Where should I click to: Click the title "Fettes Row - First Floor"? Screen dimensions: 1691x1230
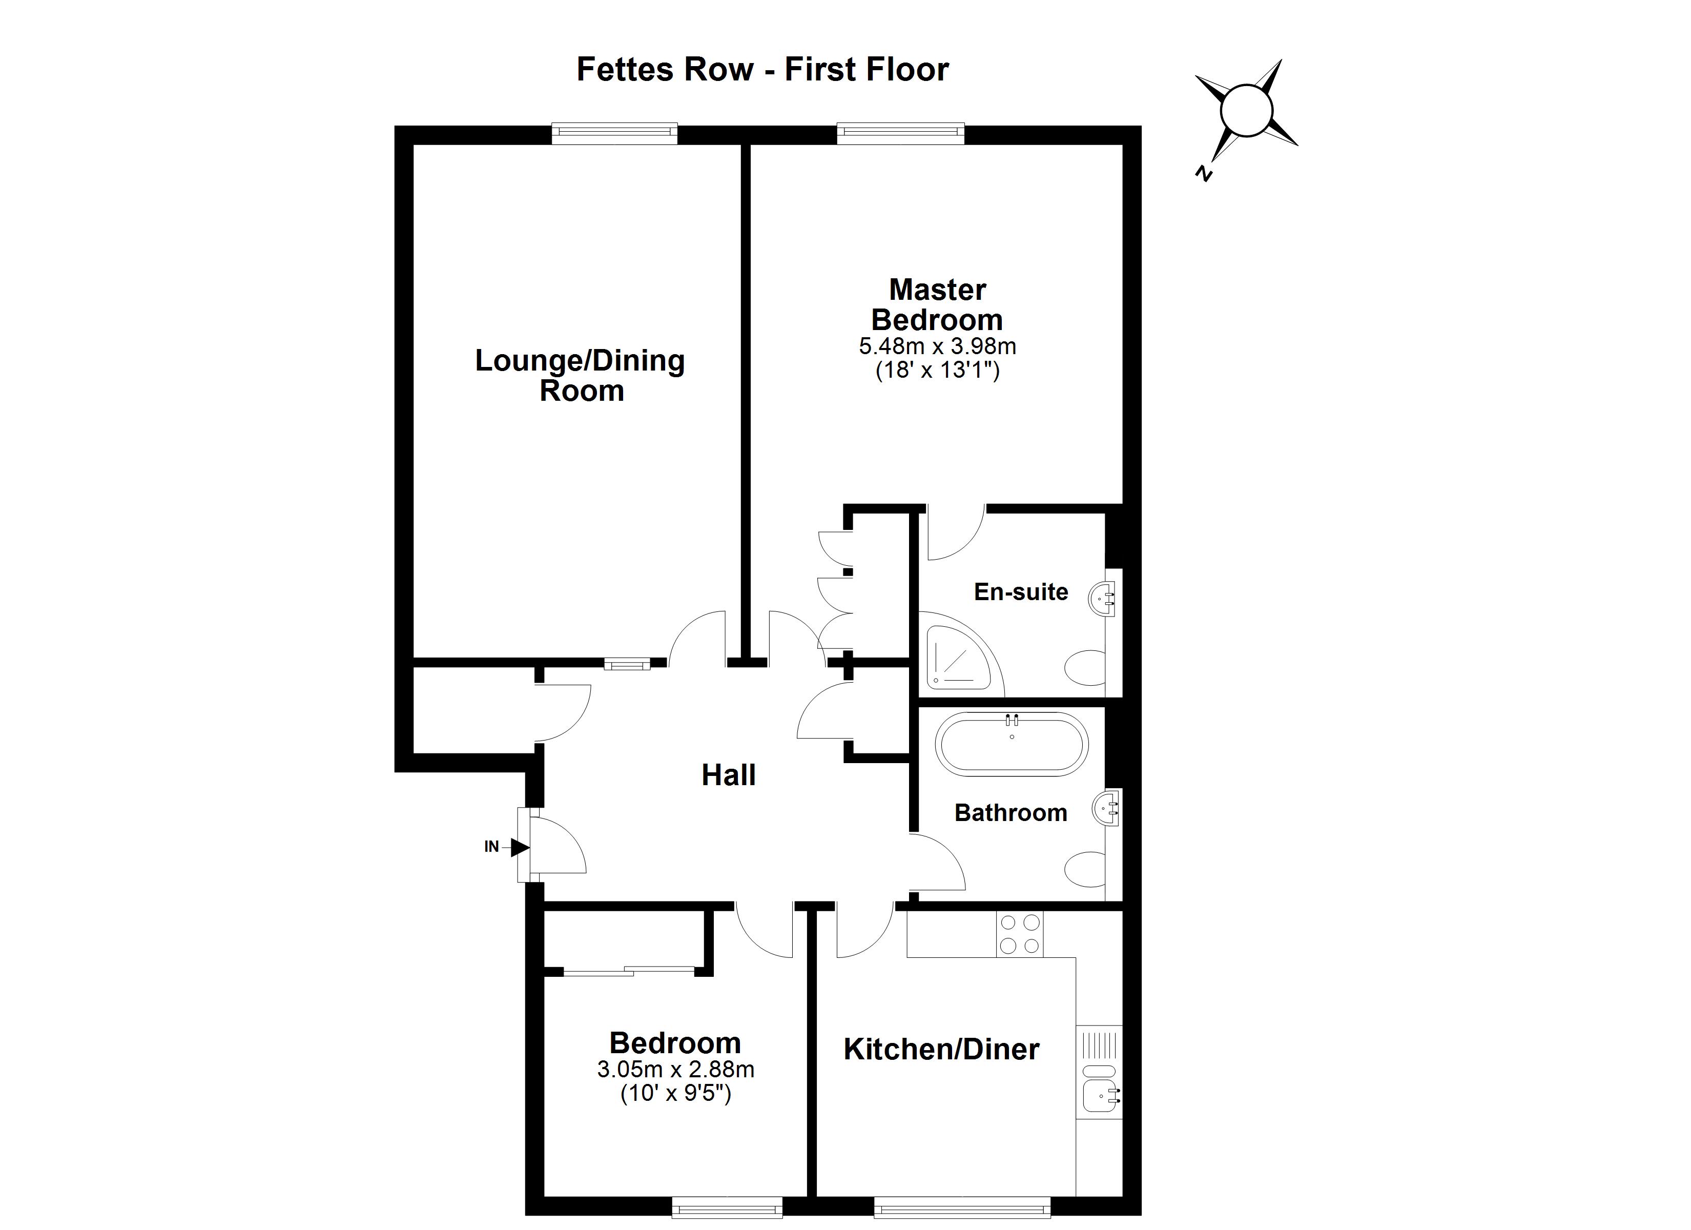tap(762, 69)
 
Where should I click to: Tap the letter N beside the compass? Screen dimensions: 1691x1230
tap(1203, 173)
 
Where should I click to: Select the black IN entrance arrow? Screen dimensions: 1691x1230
tap(520, 847)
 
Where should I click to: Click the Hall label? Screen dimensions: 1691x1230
tap(729, 776)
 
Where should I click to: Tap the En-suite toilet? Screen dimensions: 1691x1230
tap(1086, 668)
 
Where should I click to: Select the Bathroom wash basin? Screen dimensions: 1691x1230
tap(1107, 807)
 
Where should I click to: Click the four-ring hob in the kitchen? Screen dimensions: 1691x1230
tap(1019, 934)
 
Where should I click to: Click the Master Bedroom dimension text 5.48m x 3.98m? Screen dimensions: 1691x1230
tap(937, 346)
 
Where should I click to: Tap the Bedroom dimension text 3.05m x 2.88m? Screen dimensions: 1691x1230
tap(675, 1070)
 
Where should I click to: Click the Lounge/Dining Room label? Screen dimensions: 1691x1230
tap(580, 375)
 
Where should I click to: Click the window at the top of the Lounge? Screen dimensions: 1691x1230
tap(614, 134)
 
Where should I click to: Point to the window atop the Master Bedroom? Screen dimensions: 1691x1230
tap(901, 134)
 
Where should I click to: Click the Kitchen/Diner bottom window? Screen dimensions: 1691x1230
tap(962, 1207)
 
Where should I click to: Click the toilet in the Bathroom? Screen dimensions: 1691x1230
tap(1086, 869)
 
